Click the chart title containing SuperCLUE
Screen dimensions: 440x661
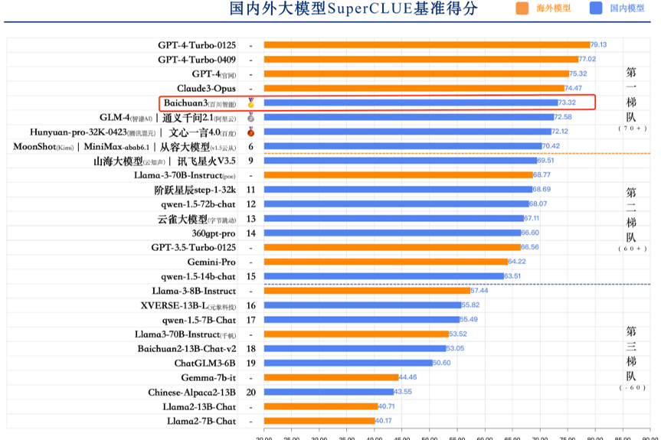coord(354,9)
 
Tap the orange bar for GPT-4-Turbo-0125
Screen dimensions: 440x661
coord(426,45)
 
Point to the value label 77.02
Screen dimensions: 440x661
coord(587,60)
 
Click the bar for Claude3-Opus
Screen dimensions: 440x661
coord(414,89)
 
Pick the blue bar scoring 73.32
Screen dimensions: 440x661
coord(411,103)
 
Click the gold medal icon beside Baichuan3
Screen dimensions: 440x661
coord(250,102)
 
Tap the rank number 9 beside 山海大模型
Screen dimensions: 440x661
coord(250,161)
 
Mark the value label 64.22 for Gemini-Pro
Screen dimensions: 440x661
coord(517,262)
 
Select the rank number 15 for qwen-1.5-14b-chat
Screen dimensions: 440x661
coord(250,276)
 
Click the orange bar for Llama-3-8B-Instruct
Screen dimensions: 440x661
coord(366,291)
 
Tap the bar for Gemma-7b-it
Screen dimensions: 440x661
coord(331,377)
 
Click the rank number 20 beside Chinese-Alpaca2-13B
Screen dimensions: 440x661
coord(250,392)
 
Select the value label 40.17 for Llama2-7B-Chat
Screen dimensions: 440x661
coord(385,421)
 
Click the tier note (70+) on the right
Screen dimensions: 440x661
coord(633,129)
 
